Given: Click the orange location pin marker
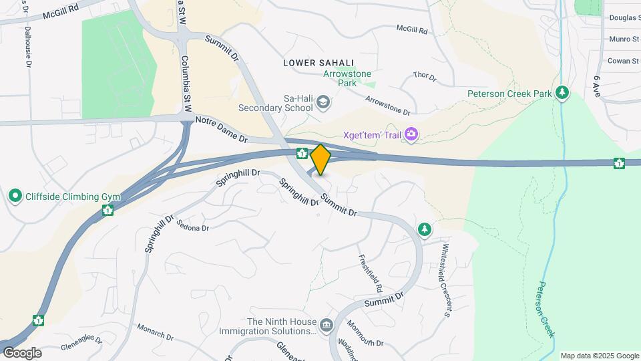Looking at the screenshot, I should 321,160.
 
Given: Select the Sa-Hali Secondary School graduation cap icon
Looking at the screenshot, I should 323,102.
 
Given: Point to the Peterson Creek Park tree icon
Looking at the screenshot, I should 563,93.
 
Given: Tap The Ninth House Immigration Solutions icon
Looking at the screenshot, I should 326,326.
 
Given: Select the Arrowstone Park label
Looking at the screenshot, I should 347,79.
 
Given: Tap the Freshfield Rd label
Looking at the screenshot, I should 370,273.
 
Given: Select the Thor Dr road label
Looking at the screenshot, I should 425,78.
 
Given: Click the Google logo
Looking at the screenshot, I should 22,353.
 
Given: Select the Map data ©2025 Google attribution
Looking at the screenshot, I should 599,356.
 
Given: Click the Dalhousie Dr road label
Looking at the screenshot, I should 28,46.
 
